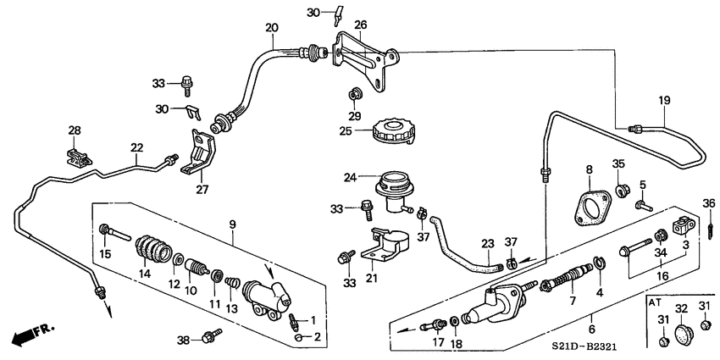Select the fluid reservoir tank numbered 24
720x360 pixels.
392,187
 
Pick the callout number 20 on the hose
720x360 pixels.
271,28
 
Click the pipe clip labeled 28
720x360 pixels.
76,154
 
